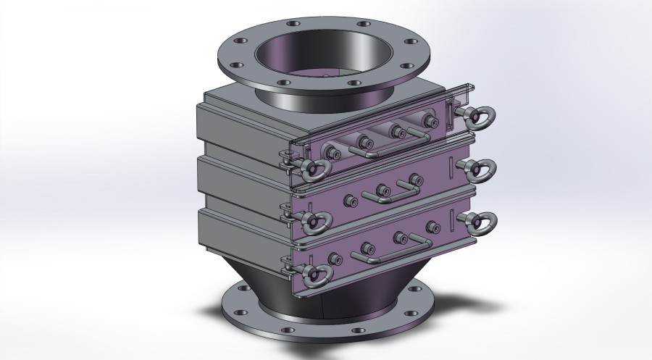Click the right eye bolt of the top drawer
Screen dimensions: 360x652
[479, 116]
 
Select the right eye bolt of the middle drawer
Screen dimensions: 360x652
[479, 168]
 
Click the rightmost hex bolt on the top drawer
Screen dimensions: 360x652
[431, 121]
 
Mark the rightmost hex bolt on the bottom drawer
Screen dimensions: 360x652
[432, 227]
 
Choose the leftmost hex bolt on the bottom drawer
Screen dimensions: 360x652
[335, 258]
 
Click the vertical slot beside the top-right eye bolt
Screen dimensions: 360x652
[449, 114]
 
